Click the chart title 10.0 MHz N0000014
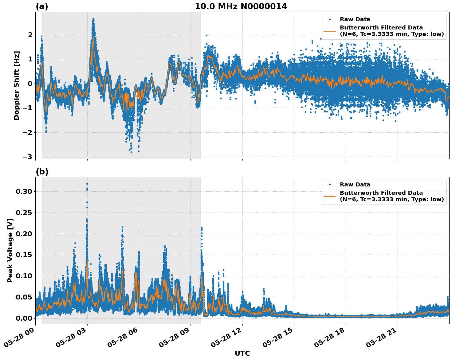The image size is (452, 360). [x=241, y=6]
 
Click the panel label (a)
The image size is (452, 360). [x=42, y=6]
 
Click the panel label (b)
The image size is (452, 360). [x=42, y=172]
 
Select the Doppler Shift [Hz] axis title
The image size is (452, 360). [x=17, y=85]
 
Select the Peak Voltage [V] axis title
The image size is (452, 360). [x=10, y=250]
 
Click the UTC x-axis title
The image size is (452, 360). [x=242, y=353]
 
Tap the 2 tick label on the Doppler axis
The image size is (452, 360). [x=30, y=35]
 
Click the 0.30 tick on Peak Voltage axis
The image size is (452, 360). [x=24, y=192]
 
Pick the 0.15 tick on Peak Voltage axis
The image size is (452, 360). [x=24, y=255]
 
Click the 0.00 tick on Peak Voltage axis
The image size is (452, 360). [x=24, y=318]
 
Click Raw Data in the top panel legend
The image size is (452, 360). [x=355, y=20]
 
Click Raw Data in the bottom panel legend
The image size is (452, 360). [x=355, y=185]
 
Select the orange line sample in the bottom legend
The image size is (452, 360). [x=329, y=196]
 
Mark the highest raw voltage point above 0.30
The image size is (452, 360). [x=87, y=184]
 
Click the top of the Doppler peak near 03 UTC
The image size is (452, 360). [x=93, y=19]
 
